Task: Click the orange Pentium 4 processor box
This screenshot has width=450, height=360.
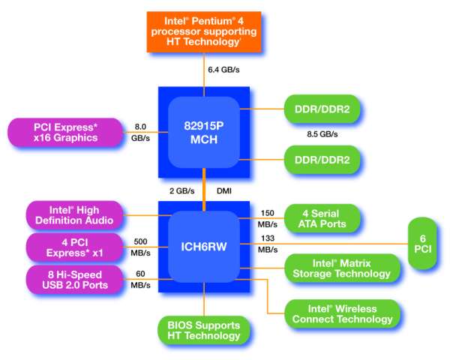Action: (204, 31)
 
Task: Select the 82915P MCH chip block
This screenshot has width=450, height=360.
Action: (204, 132)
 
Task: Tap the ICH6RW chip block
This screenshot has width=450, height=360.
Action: (204, 247)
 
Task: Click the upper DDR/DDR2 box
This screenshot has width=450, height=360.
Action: (322, 109)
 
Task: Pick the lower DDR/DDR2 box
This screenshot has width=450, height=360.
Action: (322, 160)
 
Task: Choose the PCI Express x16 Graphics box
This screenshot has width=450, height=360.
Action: (65, 132)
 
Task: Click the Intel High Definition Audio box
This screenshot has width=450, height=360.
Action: (74, 215)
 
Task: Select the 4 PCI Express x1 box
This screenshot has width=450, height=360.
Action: (74, 247)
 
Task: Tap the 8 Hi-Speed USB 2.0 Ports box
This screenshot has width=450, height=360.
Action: (74, 279)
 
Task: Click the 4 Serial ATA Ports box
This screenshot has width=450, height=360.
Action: (322, 218)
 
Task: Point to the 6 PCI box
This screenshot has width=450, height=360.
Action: (422, 244)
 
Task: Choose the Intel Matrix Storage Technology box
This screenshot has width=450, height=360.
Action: (342, 268)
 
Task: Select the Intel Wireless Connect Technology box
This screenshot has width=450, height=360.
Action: (343, 313)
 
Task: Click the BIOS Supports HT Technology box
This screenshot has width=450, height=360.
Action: (204, 330)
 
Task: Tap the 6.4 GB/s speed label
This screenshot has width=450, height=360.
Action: (223, 70)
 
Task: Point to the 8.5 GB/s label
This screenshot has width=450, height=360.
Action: (322, 134)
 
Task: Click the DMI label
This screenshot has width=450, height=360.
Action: (224, 191)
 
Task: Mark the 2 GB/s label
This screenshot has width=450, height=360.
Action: (182, 191)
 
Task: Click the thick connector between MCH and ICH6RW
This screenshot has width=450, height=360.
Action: (204, 190)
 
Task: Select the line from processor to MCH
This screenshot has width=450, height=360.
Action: (204, 74)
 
